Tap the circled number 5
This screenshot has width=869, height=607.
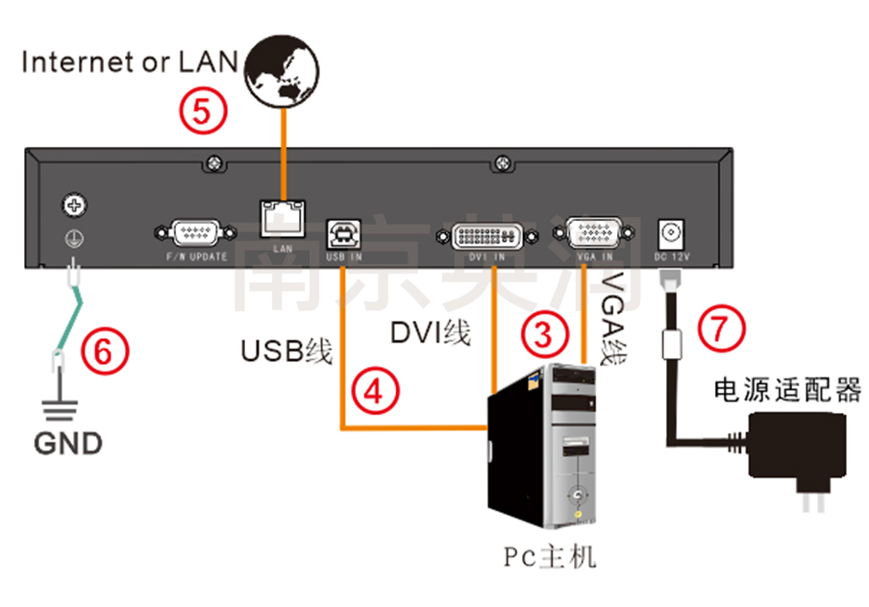pyautogui.click(x=204, y=110)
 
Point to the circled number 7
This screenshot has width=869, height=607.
pyautogui.click(x=722, y=329)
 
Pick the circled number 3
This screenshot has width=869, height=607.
pyautogui.click(x=545, y=334)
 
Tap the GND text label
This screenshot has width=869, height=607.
pyautogui.click(x=68, y=444)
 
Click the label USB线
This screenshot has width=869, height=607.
pyautogui.click(x=286, y=352)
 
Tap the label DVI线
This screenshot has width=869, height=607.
pyautogui.click(x=430, y=332)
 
